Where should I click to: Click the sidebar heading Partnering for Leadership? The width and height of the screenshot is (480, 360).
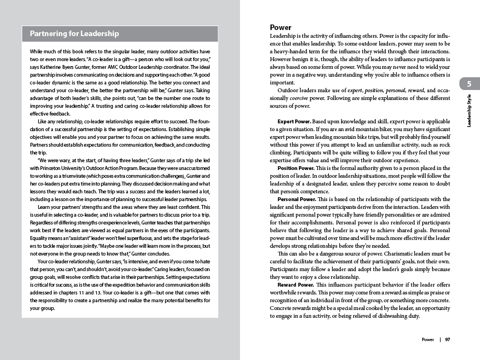coord(74,34)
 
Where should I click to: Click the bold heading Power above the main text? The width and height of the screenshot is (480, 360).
coord(281,27)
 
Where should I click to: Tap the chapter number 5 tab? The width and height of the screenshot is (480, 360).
coord(469,84)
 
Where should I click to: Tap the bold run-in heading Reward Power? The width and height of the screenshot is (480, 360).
coord(296,284)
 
